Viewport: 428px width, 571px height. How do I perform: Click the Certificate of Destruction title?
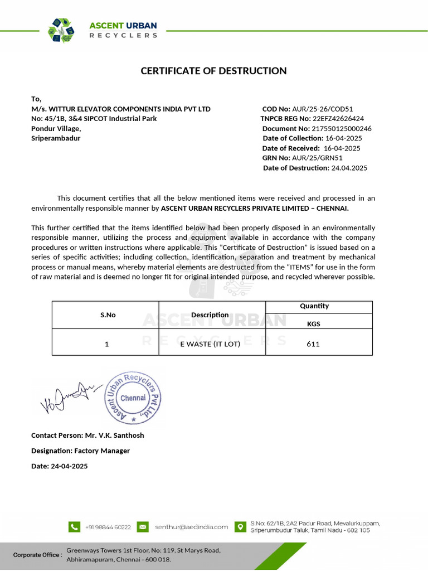click(213, 71)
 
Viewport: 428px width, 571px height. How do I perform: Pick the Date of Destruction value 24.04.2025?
click(349, 168)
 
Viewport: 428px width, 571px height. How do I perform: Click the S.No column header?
click(108, 315)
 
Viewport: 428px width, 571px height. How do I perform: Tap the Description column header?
click(210, 315)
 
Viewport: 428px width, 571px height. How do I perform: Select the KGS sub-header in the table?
click(313, 323)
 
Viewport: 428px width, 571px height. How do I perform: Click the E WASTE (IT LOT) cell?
click(210, 344)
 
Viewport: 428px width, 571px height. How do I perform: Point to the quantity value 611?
click(313, 344)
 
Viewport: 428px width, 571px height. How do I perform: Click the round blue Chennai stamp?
click(133, 398)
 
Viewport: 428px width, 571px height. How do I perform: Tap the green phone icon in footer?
click(74, 526)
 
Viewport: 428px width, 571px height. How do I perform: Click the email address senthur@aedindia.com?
click(191, 526)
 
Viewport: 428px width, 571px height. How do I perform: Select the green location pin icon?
click(240, 526)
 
